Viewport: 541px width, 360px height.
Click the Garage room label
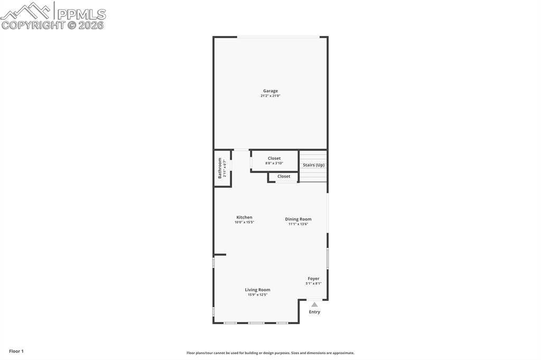click(x=270, y=91)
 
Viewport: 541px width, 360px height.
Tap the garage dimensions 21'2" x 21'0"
click(x=270, y=96)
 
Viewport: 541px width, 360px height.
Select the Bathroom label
click(x=220, y=168)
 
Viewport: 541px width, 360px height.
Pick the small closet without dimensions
click(x=284, y=176)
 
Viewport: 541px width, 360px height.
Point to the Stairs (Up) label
click(x=313, y=165)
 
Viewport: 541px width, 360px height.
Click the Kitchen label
click(x=244, y=217)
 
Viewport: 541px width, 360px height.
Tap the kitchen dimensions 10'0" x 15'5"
click(x=244, y=222)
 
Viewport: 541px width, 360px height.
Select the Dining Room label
click(x=298, y=219)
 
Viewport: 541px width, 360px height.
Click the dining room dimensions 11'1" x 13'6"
click(x=298, y=224)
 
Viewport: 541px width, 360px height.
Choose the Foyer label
click(x=313, y=279)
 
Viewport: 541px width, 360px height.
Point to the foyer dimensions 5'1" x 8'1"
click(x=313, y=283)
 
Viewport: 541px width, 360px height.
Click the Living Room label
click(x=257, y=290)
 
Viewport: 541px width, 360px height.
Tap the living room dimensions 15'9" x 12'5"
click(x=257, y=295)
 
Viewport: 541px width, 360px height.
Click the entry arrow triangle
click(x=314, y=305)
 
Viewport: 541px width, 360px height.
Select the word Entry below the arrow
click(x=314, y=312)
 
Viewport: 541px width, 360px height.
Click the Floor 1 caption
click(x=16, y=351)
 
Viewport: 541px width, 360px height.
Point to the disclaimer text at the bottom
click(x=270, y=353)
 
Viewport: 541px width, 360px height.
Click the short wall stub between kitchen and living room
click(x=220, y=254)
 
